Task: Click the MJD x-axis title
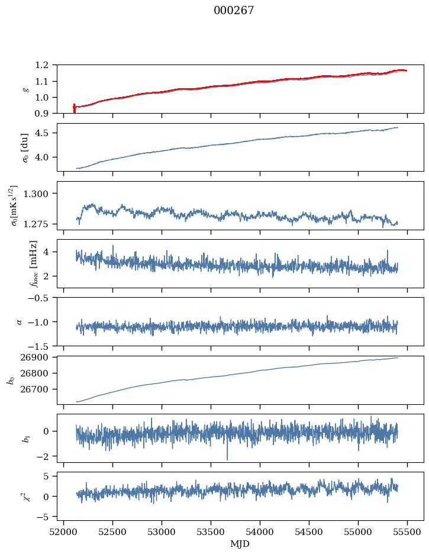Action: (x=240, y=544)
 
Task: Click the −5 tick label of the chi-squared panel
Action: (x=45, y=517)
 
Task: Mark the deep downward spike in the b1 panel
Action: (x=227, y=458)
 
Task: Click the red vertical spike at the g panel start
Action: (x=74, y=108)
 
